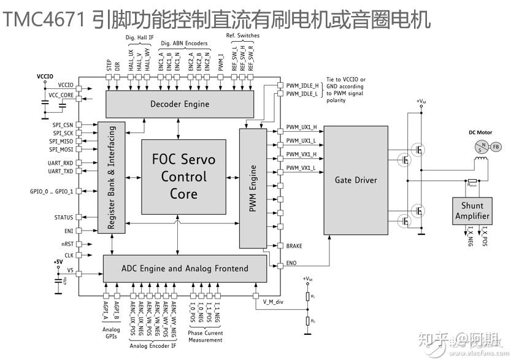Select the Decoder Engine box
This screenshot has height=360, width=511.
[x=180, y=104]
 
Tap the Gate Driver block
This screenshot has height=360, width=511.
[x=356, y=180]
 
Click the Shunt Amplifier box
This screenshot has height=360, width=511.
[x=472, y=211]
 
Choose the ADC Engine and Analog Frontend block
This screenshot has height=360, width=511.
[x=184, y=268]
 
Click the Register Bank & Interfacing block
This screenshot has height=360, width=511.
[x=112, y=178]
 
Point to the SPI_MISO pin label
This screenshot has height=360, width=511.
[x=61, y=141]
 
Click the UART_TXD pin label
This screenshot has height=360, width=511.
[x=61, y=172]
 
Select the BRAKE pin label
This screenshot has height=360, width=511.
[x=294, y=246]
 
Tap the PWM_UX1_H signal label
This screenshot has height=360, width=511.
[x=301, y=128]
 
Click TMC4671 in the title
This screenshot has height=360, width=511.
[x=44, y=19]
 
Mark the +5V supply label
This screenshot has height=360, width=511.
[x=58, y=262]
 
